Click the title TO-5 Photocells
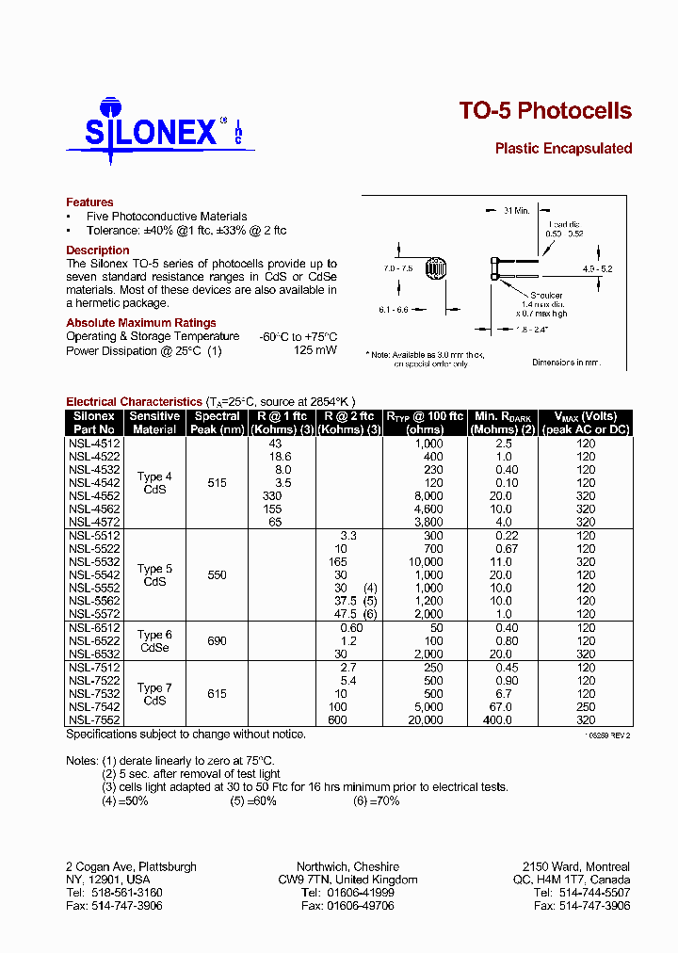click(545, 111)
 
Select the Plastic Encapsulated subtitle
click(563, 149)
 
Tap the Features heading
click(89, 202)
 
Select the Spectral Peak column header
click(218, 423)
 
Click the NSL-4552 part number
click(94, 495)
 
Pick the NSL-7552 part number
click(94, 720)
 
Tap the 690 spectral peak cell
click(218, 641)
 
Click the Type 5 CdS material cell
click(155, 575)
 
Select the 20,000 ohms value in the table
click(425, 720)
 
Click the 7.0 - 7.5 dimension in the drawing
click(399, 268)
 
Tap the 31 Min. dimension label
click(515, 210)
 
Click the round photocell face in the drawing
click(435, 269)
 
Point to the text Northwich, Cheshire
click(347, 866)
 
